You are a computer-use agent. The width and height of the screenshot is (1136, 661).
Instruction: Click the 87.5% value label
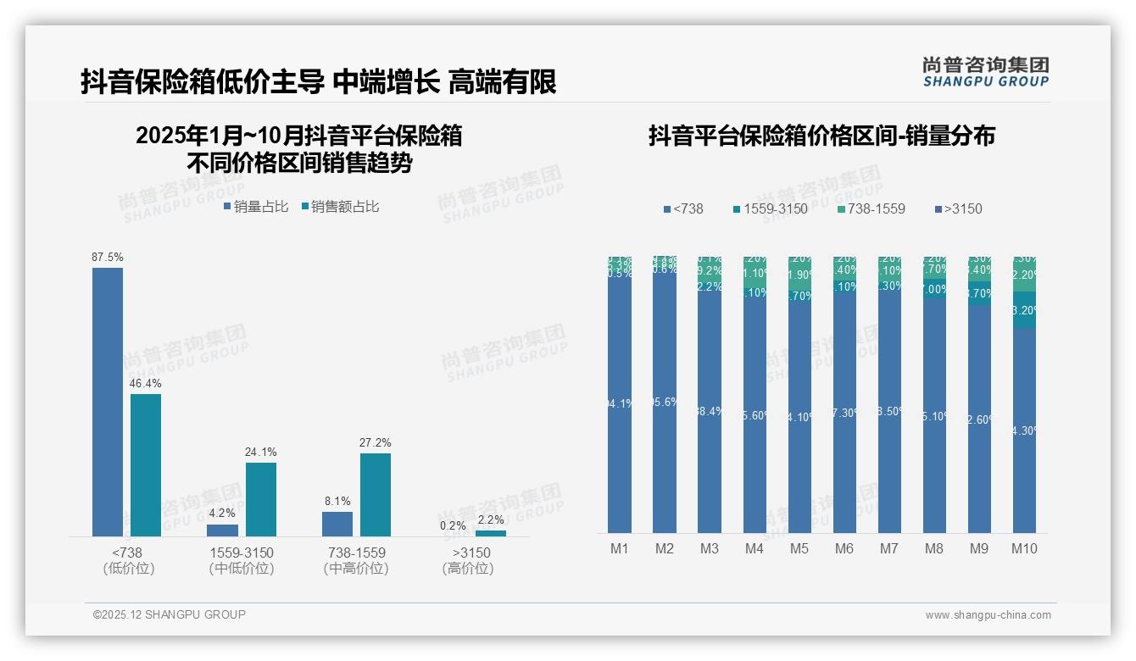point(108,257)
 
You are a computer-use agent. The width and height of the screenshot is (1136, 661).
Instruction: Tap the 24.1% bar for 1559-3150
point(261,499)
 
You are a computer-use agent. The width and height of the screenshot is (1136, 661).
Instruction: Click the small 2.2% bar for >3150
point(490,533)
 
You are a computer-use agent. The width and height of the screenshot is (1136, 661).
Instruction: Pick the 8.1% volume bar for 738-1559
point(337,524)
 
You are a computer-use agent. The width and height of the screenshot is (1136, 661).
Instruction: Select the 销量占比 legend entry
point(256,206)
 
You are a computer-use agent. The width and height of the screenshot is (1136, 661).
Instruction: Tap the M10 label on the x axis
point(1024,548)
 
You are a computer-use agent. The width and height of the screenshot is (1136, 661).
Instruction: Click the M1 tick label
point(620,548)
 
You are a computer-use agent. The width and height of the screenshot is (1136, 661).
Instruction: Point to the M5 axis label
point(799,548)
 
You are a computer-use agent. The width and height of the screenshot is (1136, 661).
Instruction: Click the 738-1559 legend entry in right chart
point(871,208)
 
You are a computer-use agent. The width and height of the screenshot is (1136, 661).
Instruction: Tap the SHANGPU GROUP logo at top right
point(986,71)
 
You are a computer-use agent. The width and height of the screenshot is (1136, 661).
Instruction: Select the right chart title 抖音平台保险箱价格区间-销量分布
point(821,136)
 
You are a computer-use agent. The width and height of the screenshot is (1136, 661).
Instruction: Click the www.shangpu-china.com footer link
point(988,615)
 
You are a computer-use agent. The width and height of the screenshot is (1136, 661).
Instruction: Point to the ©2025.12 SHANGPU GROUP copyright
point(170,614)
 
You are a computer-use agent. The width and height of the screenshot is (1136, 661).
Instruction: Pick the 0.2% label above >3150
point(454,525)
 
